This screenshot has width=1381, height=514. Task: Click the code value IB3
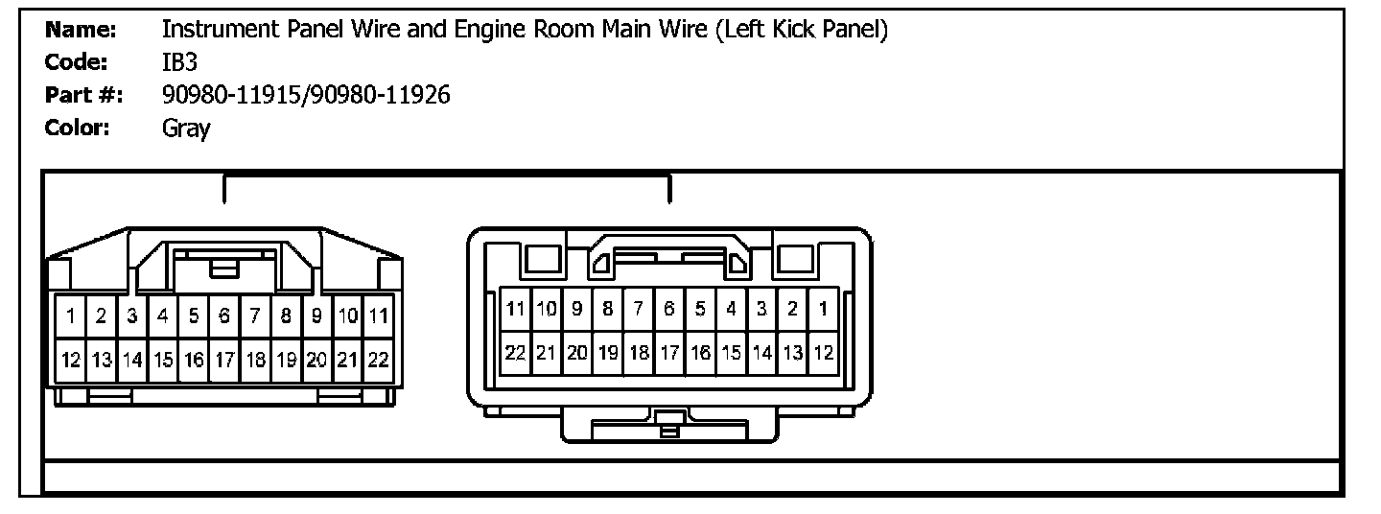pyautogui.click(x=180, y=62)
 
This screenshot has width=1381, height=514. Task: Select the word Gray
pyautogui.click(x=186, y=128)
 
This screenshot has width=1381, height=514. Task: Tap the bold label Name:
pyautogui.click(x=81, y=30)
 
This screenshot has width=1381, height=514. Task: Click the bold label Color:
pyautogui.click(x=79, y=128)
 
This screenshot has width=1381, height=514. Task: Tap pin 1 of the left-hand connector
pyautogui.click(x=71, y=315)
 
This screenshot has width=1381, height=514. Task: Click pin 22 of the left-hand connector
pyautogui.click(x=378, y=361)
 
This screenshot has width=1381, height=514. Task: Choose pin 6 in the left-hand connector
pyautogui.click(x=224, y=315)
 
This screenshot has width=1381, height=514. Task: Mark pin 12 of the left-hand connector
pyautogui.click(x=71, y=361)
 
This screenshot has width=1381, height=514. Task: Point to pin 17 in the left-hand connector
pyautogui.click(x=224, y=361)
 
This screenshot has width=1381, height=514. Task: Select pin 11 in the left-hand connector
pyautogui.click(x=378, y=315)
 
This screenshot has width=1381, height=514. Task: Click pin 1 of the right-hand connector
pyautogui.click(x=823, y=309)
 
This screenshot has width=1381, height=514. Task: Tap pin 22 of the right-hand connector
pyautogui.click(x=516, y=352)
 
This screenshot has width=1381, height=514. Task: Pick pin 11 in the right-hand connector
pyautogui.click(x=516, y=309)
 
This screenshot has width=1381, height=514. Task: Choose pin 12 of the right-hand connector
pyautogui.click(x=823, y=352)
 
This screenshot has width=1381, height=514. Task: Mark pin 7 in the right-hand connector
pyautogui.click(x=639, y=309)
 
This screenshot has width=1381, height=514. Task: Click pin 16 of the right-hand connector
pyautogui.click(x=700, y=352)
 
